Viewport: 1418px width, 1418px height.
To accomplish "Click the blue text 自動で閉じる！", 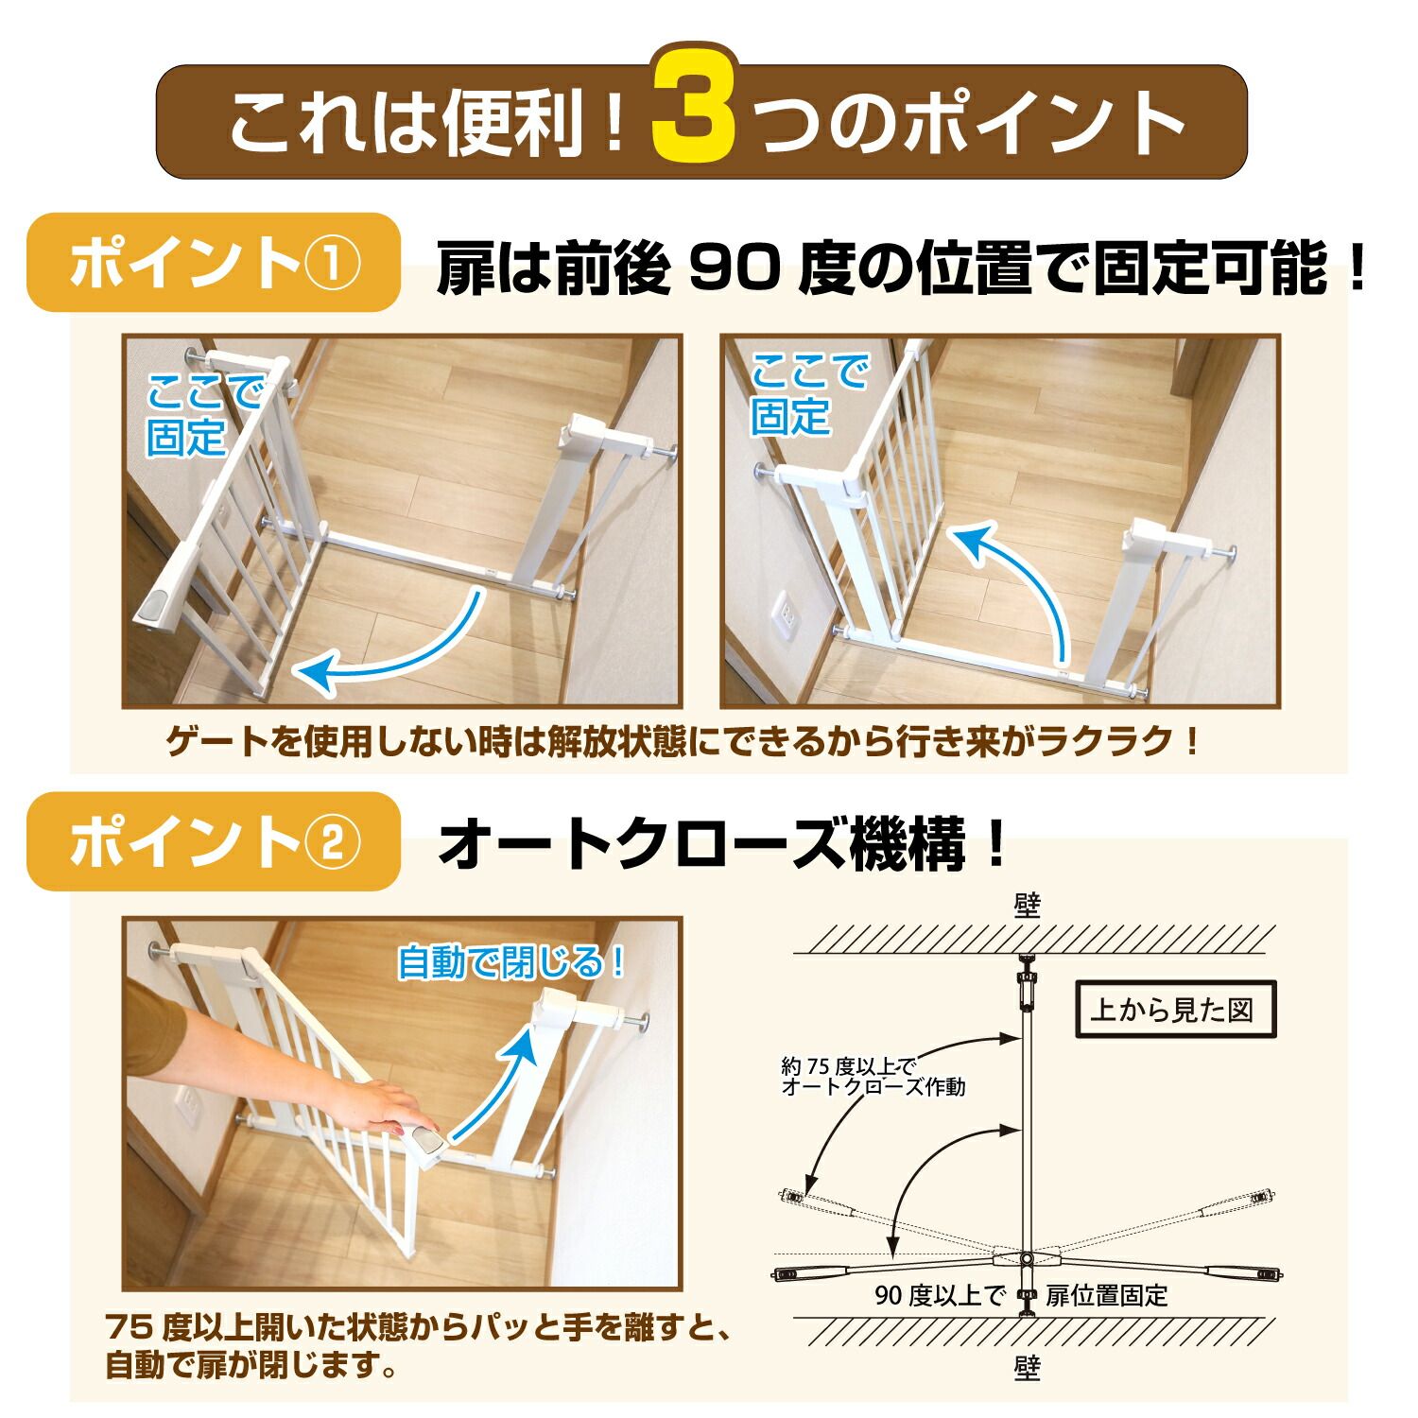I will click(x=511, y=962).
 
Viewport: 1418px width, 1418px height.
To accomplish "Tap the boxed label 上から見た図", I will click(x=1171, y=1011).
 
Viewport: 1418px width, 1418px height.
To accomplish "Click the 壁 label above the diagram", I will click(x=1027, y=908).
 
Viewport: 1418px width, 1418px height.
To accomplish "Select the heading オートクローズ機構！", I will click(x=722, y=844).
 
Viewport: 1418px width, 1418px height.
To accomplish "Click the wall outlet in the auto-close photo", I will click(x=185, y=1103).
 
